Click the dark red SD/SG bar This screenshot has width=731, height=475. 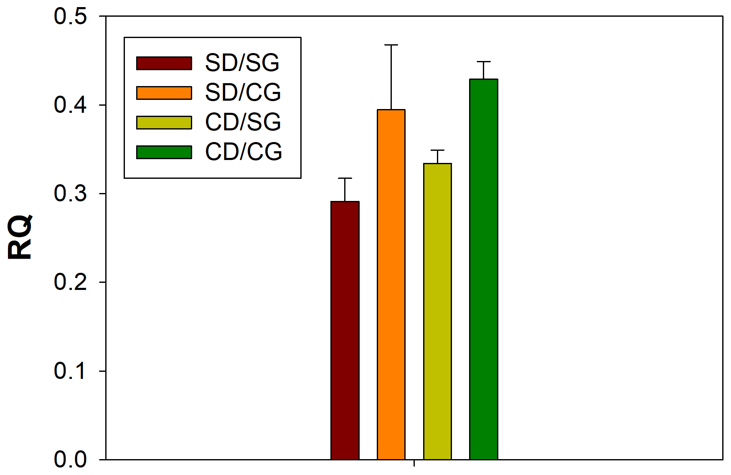click(x=345, y=330)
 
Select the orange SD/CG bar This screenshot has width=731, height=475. click(x=391, y=284)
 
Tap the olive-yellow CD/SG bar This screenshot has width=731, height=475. click(x=437, y=311)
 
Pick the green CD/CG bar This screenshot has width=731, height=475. click(x=484, y=269)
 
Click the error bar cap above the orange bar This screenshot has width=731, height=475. click(x=391, y=45)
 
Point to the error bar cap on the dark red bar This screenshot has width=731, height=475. click(x=345, y=178)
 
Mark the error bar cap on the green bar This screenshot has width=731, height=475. click(x=484, y=62)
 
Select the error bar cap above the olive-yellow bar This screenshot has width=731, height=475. click(x=437, y=150)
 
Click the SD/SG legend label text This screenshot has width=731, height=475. click(x=242, y=63)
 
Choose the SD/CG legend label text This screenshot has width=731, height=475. click(x=243, y=93)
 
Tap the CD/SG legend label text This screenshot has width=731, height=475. click(x=243, y=122)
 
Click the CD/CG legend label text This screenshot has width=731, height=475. click(x=244, y=152)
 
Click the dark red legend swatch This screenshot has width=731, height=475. click(x=164, y=63)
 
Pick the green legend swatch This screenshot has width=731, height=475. click(x=164, y=152)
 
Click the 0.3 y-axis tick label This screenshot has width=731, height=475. click(x=70, y=194)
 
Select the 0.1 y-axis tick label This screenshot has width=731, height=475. click(x=70, y=371)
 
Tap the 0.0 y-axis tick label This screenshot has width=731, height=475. click(x=70, y=460)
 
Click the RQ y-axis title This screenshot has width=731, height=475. click(x=20, y=237)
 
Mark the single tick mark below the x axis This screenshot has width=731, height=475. click(x=414, y=463)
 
